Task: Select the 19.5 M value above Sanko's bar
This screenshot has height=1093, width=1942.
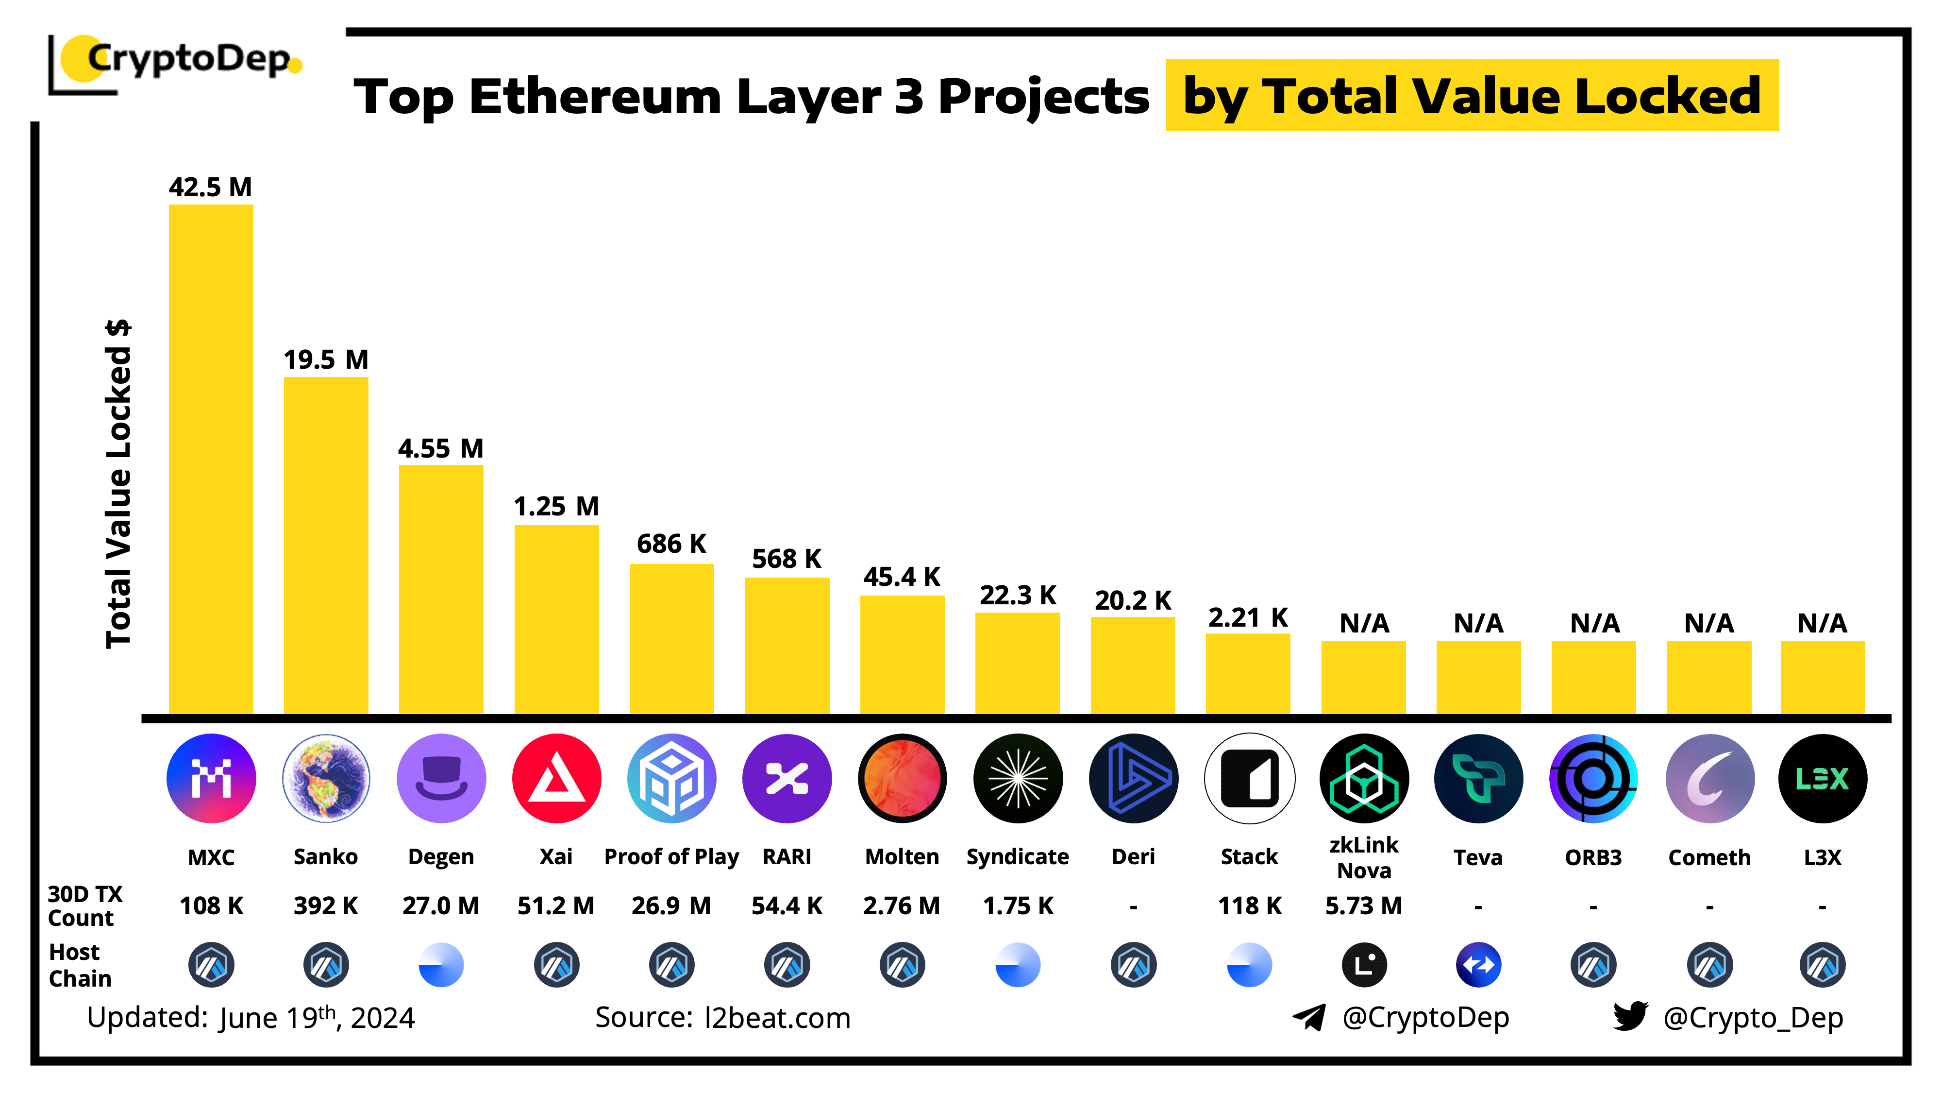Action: click(x=326, y=360)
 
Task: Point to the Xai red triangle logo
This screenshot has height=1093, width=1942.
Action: click(x=556, y=778)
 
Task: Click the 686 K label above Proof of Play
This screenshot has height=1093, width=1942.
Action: click(x=671, y=544)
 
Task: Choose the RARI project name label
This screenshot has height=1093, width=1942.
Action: click(x=787, y=857)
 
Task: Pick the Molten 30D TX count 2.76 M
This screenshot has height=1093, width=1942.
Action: click(x=902, y=905)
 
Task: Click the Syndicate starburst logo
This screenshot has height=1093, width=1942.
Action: click(x=1018, y=778)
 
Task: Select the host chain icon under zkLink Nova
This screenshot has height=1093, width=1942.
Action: click(x=1364, y=965)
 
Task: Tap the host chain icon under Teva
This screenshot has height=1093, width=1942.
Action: click(x=1478, y=965)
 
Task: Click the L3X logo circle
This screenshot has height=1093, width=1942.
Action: click(x=1822, y=778)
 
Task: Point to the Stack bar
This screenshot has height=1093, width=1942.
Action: click(x=1248, y=674)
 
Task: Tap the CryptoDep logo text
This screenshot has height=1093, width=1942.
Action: click(x=188, y=59)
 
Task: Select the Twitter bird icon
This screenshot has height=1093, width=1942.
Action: click(x=1630, y=1016)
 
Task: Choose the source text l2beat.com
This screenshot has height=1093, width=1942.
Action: click(x=777, y=1018)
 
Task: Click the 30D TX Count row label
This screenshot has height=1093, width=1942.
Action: click(x=83, y=906)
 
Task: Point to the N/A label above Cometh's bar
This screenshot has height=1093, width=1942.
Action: click(x=1709, y=624)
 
